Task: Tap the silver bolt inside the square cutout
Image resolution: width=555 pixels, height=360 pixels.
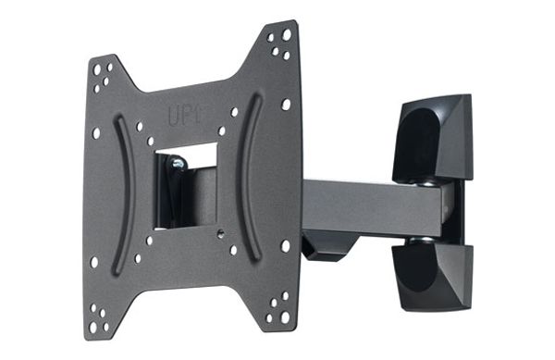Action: pyautogui.click(x=176, y=164)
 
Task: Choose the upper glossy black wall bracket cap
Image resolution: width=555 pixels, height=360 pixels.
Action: pyautogui.click(x=432, y=138)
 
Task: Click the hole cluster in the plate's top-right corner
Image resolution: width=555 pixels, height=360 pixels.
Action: pyautogui.click(x=280, y=42)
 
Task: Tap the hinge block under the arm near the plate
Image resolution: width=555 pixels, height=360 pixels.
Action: pyautogui.click(x=328, y=245)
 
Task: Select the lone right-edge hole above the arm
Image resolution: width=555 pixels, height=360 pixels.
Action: pyautogui.click(x=285, y=105)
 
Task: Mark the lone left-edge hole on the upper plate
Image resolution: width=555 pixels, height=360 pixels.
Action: pyautogui.click(x=96, y=133)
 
